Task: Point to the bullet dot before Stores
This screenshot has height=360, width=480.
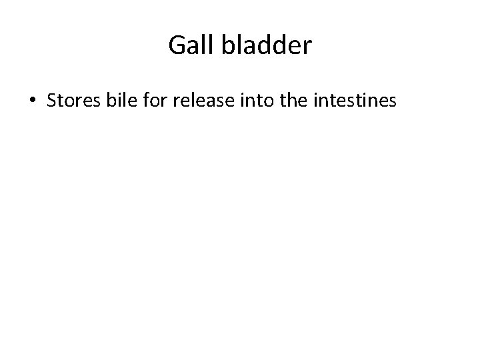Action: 33,101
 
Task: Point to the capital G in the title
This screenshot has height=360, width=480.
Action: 177,45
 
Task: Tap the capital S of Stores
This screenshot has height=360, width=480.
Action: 53,101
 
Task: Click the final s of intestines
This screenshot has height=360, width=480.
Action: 395,101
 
